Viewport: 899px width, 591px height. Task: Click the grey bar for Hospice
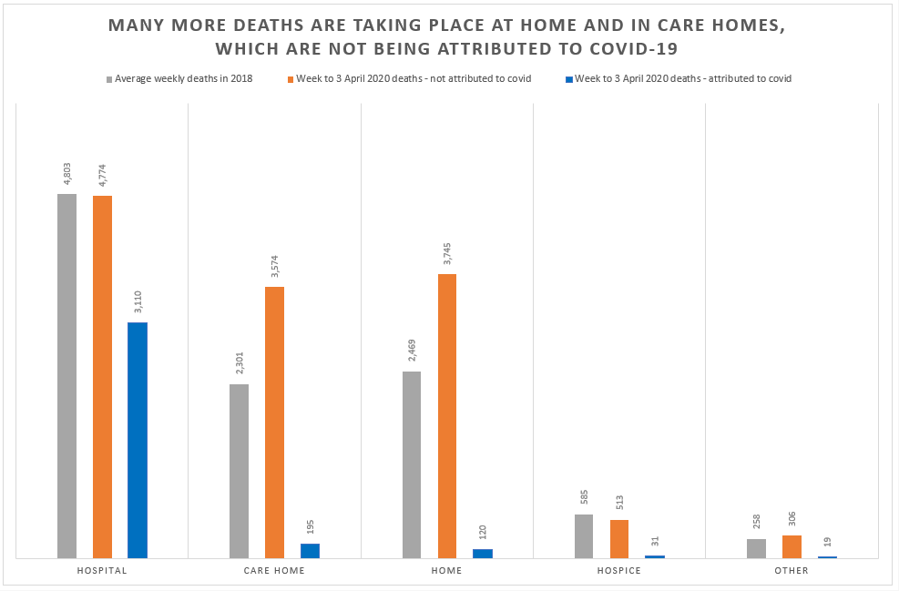(583, 536)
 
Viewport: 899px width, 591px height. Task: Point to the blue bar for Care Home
(310, 551)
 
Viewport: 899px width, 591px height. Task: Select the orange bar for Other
(792, 546)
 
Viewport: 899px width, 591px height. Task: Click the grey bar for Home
(412, 464)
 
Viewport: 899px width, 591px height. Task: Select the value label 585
(584, 496)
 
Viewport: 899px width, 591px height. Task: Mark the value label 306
(792, 517)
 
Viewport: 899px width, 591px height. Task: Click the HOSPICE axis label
(619, 571)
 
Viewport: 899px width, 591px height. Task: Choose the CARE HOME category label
(274, 571)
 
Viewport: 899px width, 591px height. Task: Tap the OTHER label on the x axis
(792, 571)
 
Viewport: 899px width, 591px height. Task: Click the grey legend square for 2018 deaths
(109, 79)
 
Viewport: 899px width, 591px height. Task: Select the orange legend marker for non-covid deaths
(291, 79)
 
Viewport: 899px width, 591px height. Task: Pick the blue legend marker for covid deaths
(569, 79)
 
